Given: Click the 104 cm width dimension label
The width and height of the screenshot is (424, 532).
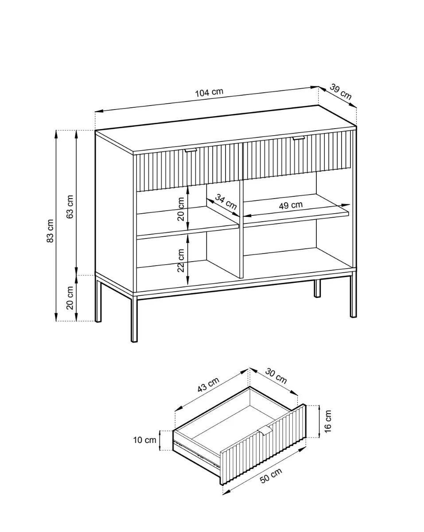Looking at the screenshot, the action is click(x=209, y=92).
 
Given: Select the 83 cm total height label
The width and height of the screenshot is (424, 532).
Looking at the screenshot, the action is click(x=50, y=231).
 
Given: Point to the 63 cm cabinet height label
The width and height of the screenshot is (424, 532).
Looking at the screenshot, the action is click(x=70, y=207).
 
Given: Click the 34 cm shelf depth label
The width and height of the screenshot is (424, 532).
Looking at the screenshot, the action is click(x=226, y=201).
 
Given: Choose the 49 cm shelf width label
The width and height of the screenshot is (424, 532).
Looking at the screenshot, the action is click(x=291, y=205).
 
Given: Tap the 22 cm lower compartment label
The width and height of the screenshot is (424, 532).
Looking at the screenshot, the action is click(x=181, y=260).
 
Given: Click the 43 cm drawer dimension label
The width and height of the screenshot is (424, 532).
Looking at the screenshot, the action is click(x=208, y=385).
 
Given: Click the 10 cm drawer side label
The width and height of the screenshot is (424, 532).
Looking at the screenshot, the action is click(x=145, y=440).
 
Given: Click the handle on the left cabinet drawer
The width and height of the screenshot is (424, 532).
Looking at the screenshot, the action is click(x=191, y=150).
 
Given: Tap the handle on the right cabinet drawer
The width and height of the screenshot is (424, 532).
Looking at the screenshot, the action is click(x=299, y=138).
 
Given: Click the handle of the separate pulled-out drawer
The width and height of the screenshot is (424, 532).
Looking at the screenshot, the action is click(x=266, y=429).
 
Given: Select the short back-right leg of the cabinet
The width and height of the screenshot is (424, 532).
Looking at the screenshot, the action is click(x=317, y=288).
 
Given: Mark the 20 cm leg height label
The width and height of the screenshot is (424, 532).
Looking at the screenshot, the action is click(x=70, y=297).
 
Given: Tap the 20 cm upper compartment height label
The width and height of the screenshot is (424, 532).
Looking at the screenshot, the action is click(x=181, y=209).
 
